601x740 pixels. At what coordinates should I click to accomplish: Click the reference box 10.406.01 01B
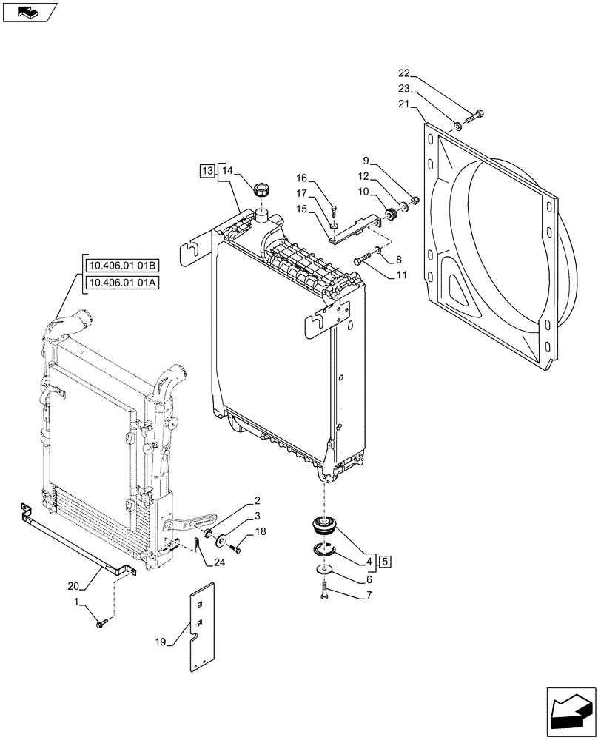click(x=122, y=267)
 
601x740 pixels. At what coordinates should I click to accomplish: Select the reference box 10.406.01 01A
click(x=122, y=283)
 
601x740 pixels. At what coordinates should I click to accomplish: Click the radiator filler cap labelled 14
click(x=261, y=190)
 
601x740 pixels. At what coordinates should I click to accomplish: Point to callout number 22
click(x=403, y=73)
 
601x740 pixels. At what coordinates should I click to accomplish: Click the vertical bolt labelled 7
click(x=324, y=591)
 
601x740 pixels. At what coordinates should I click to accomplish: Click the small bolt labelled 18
click(x=235, y=548)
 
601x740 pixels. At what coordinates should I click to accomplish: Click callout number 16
click(x=302, y=178)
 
